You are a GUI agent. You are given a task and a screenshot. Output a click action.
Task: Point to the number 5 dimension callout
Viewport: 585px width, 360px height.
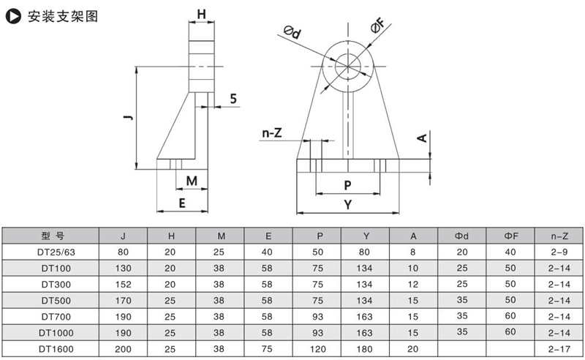pyautogui.click(x=233, y=98)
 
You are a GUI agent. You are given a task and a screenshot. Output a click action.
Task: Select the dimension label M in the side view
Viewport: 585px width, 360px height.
pyautogui.click(x=192, y=181)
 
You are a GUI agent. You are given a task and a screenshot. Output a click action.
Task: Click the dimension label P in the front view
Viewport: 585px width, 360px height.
pyautogui.click(x=347, y=184)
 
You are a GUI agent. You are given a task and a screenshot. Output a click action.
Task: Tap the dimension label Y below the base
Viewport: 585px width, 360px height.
pyautogui.click(x=347, y=205)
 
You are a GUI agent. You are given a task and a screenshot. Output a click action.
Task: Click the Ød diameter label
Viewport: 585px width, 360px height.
pyautogui.click(x=292, y=31)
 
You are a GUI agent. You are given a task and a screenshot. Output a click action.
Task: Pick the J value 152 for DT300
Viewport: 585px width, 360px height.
pyautogui.click(x=123, y=283)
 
